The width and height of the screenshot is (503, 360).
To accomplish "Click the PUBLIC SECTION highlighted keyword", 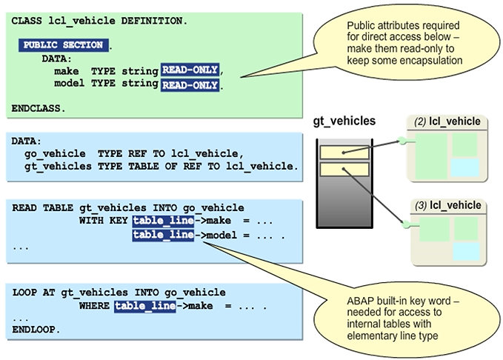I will [63, 45].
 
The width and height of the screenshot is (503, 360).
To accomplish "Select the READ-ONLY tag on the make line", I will [190, 70].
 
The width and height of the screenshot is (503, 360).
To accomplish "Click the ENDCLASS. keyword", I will [39, 108].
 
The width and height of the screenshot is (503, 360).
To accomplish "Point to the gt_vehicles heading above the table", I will [344, 120].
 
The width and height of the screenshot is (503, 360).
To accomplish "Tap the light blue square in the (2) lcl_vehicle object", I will [465, 167].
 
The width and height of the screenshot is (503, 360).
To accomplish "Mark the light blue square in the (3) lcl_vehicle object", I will [465, 250].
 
